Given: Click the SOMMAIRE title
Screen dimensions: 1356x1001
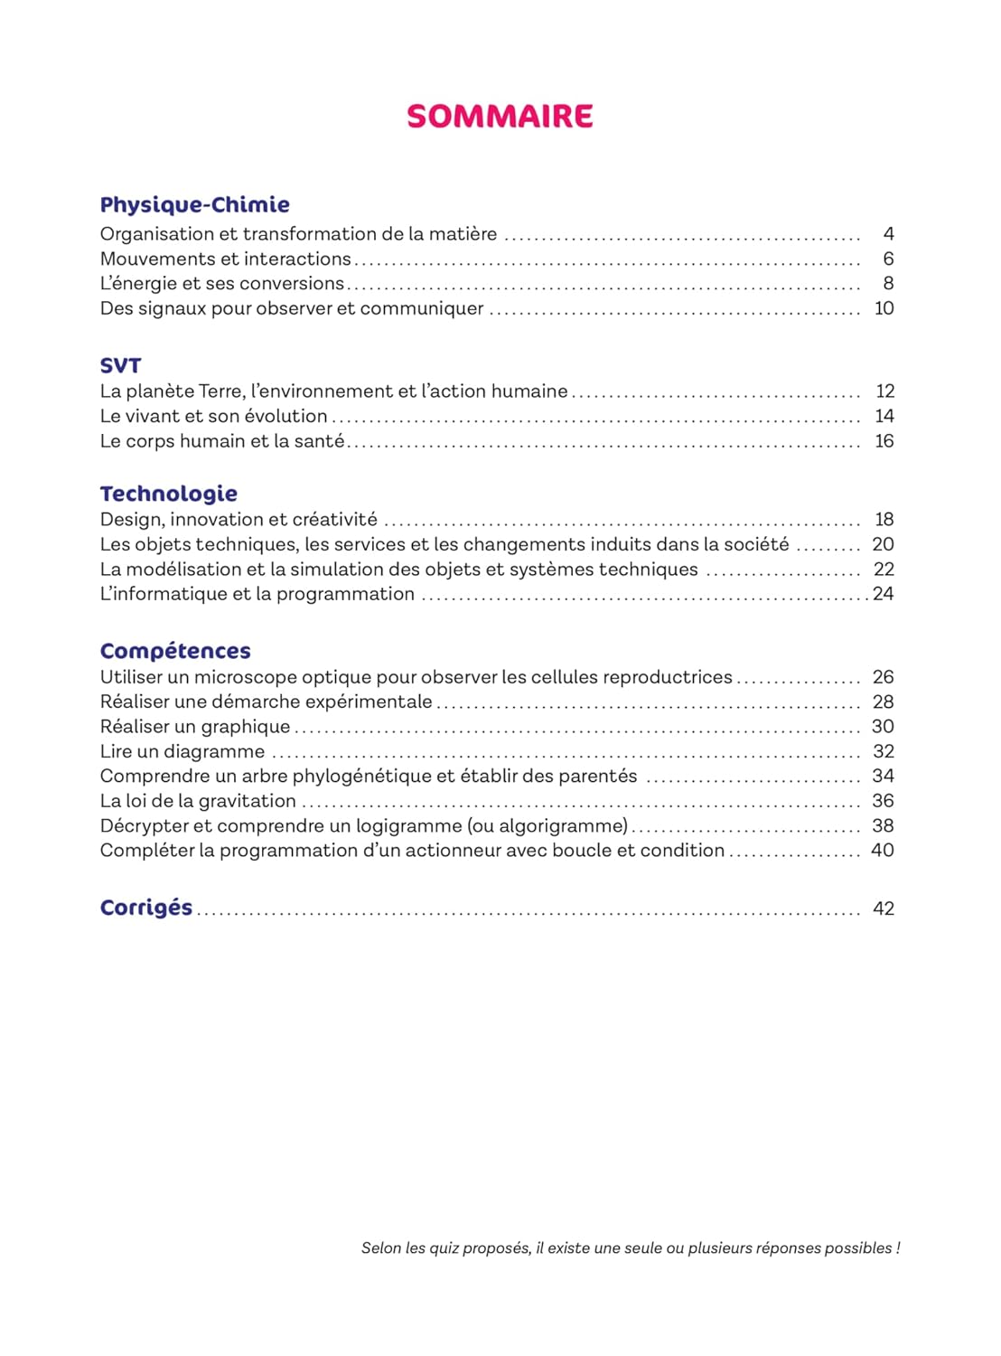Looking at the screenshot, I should pyautogui.click(x=500, y=117).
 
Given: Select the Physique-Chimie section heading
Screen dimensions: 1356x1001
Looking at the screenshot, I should pyautogui.click(x=194, y=205).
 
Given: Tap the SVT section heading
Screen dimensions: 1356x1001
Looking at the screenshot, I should pyautogui.click(x=120, y=365).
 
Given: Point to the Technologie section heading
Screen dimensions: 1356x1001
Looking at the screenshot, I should pyautogui.click(x=169, y=494).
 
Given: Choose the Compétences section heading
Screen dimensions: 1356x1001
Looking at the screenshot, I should pyautogui.click(x=175, y=651).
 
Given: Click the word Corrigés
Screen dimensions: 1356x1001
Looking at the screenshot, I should pyautogui.click(x=146, y=908).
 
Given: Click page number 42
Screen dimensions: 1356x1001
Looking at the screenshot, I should pyautogui.click(x=883, y=909).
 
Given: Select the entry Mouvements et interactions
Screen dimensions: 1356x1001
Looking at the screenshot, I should pyautogui.click(x=225, y=259).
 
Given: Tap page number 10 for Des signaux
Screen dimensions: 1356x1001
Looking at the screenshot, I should pyautogui.click(x=884, y=308).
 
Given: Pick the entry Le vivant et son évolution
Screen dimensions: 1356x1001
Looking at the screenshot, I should pyautogui.click(x=213, y=416).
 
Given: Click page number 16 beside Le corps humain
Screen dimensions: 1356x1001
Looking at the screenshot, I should pyautogui.click(x=884, y=441).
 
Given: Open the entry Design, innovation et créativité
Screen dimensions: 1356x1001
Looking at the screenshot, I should pyautogui.click(x=239, y=520).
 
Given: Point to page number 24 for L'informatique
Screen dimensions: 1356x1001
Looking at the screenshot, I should pyautogui.click(x=883, y=594).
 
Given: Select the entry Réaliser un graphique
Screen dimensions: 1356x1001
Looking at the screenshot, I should pyautogui.click(x=195, y=727).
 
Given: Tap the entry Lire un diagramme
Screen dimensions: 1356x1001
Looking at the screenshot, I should pyautogui.click(x=182, y=751).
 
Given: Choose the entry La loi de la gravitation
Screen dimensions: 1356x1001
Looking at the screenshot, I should pyautogui.click(x=198, y=801).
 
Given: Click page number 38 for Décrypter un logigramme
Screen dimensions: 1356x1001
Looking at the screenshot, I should pyautogui.click(x=883, y=825).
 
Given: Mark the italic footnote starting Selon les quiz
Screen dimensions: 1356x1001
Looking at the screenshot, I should pyautogui.click(x=631, y=1248).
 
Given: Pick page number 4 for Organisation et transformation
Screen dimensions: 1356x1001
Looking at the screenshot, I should pyautogui.click(x=888, y=234).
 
